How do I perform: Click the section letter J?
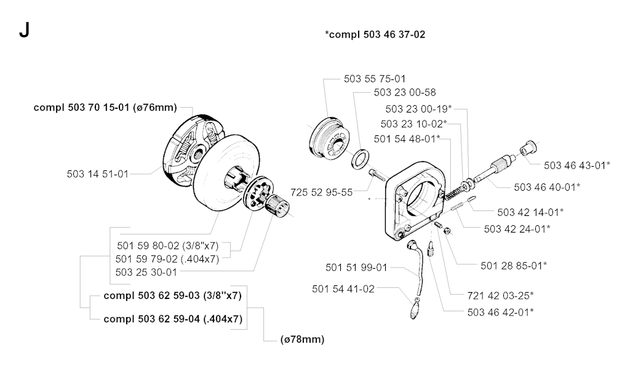(23, 30)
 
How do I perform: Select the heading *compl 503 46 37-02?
(375, 35)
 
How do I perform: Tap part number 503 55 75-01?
(374, 79)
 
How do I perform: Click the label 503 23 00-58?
(405, 93)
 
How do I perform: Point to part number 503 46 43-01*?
(577, 165)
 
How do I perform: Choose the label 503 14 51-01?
(98, 173)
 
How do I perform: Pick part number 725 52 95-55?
(322, 192)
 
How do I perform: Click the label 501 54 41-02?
(343, 288)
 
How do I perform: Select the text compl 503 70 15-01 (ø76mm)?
(105, 108)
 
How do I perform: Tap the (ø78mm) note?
(302, 339)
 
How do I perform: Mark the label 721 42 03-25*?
(501, 295)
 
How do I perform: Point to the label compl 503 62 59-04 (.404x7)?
(173, 319)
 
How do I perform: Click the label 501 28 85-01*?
(514, 266)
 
